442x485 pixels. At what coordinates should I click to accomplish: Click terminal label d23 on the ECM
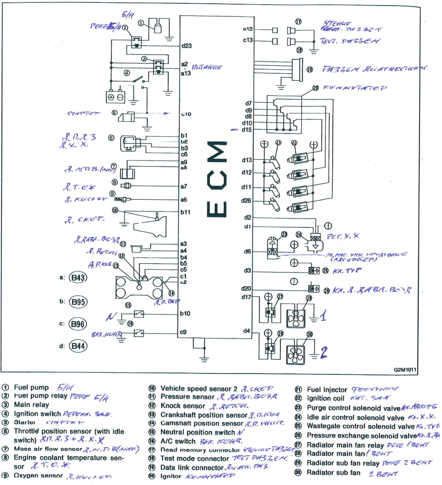coord(186,46)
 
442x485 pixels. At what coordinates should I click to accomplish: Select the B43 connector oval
coord(78,278)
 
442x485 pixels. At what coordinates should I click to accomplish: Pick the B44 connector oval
coord(78,346)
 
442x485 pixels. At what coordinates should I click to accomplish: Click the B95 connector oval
coord(78,302)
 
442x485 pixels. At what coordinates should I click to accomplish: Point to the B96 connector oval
coord(78,323)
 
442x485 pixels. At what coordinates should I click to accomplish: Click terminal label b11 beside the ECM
coord(185,212)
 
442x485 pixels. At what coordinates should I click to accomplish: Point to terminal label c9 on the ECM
coord(183,332)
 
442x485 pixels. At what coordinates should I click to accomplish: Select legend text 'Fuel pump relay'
coord(40,396)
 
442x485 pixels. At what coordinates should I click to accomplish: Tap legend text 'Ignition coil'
coord(325,398)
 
